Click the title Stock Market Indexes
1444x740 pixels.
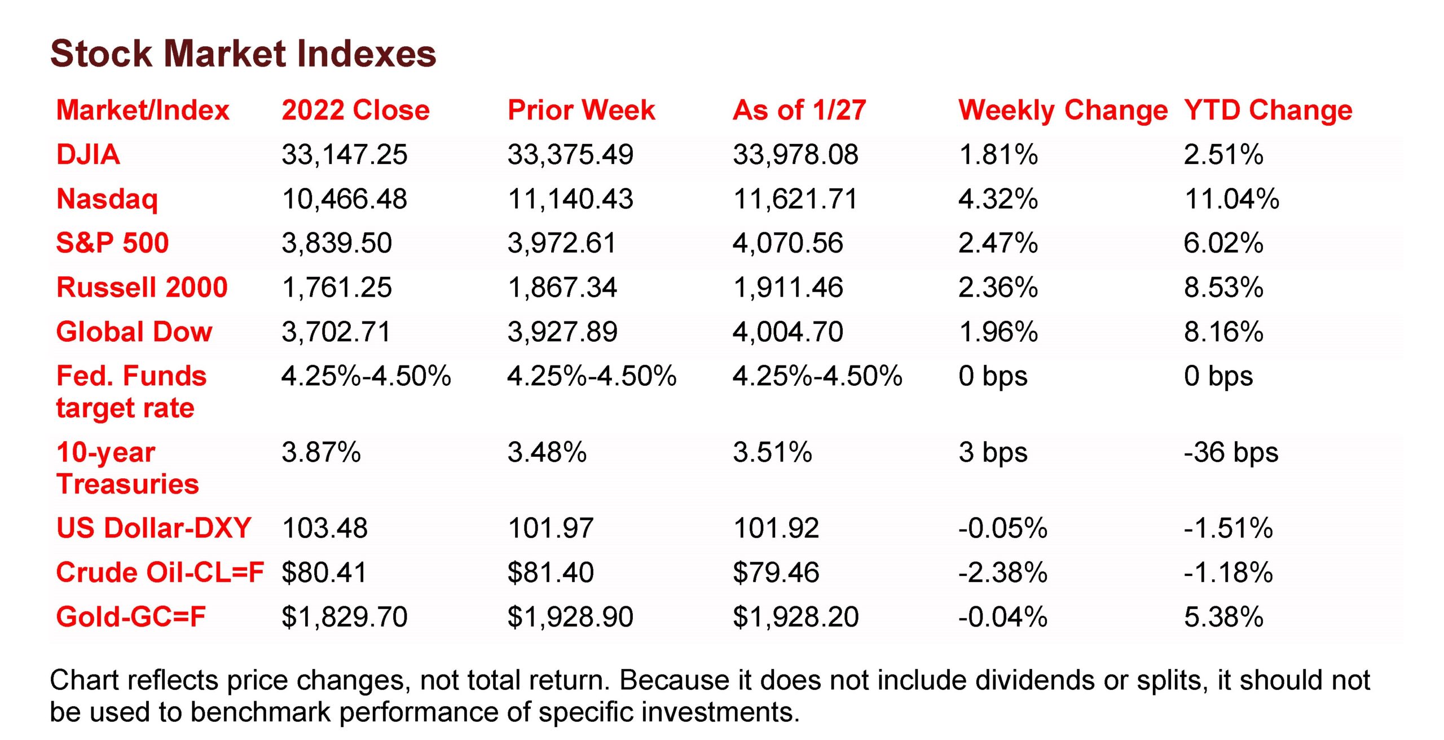(243, 54)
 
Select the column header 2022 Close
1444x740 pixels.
(355, 110)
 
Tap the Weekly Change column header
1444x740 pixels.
(1063, 110)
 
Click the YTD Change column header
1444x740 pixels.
(1268, 110)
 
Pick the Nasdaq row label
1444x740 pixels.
(107, 199)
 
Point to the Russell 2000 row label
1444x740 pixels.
(142, 288)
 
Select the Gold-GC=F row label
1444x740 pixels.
(131, 616)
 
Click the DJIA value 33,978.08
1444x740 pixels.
(795, 155)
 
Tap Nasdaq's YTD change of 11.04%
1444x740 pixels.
(1232, 199)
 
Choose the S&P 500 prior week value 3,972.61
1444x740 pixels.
(562, 243)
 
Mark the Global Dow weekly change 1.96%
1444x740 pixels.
(998, 332)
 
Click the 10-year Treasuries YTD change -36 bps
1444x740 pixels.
(1231, 452)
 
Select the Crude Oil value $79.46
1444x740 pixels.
(776, 572)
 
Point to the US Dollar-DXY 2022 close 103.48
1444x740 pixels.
(325, 528)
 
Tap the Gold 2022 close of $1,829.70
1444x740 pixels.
(344, 616)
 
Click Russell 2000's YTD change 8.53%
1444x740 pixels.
(1223, 288)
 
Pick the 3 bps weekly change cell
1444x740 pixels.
(993, 452)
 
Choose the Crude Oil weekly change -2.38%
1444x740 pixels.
(1003, 572)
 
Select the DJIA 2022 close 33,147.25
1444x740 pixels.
(344, 155)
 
